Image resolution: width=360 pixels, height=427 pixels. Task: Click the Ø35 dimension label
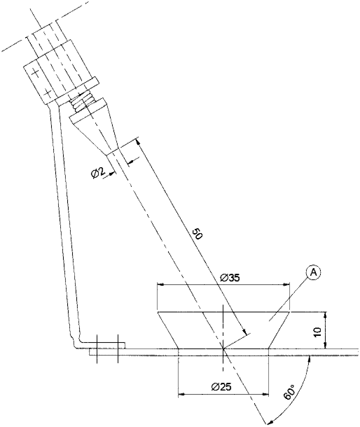pyautogui.click(x=229, y=278)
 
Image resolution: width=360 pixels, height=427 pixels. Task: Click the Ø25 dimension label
pyautogui.click(x=222, y=387)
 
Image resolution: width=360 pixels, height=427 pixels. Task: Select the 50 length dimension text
pyautogui.click(x=198, y=233)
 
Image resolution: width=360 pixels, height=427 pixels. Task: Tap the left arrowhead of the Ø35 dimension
pyautogui.click(x=161, y=284)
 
